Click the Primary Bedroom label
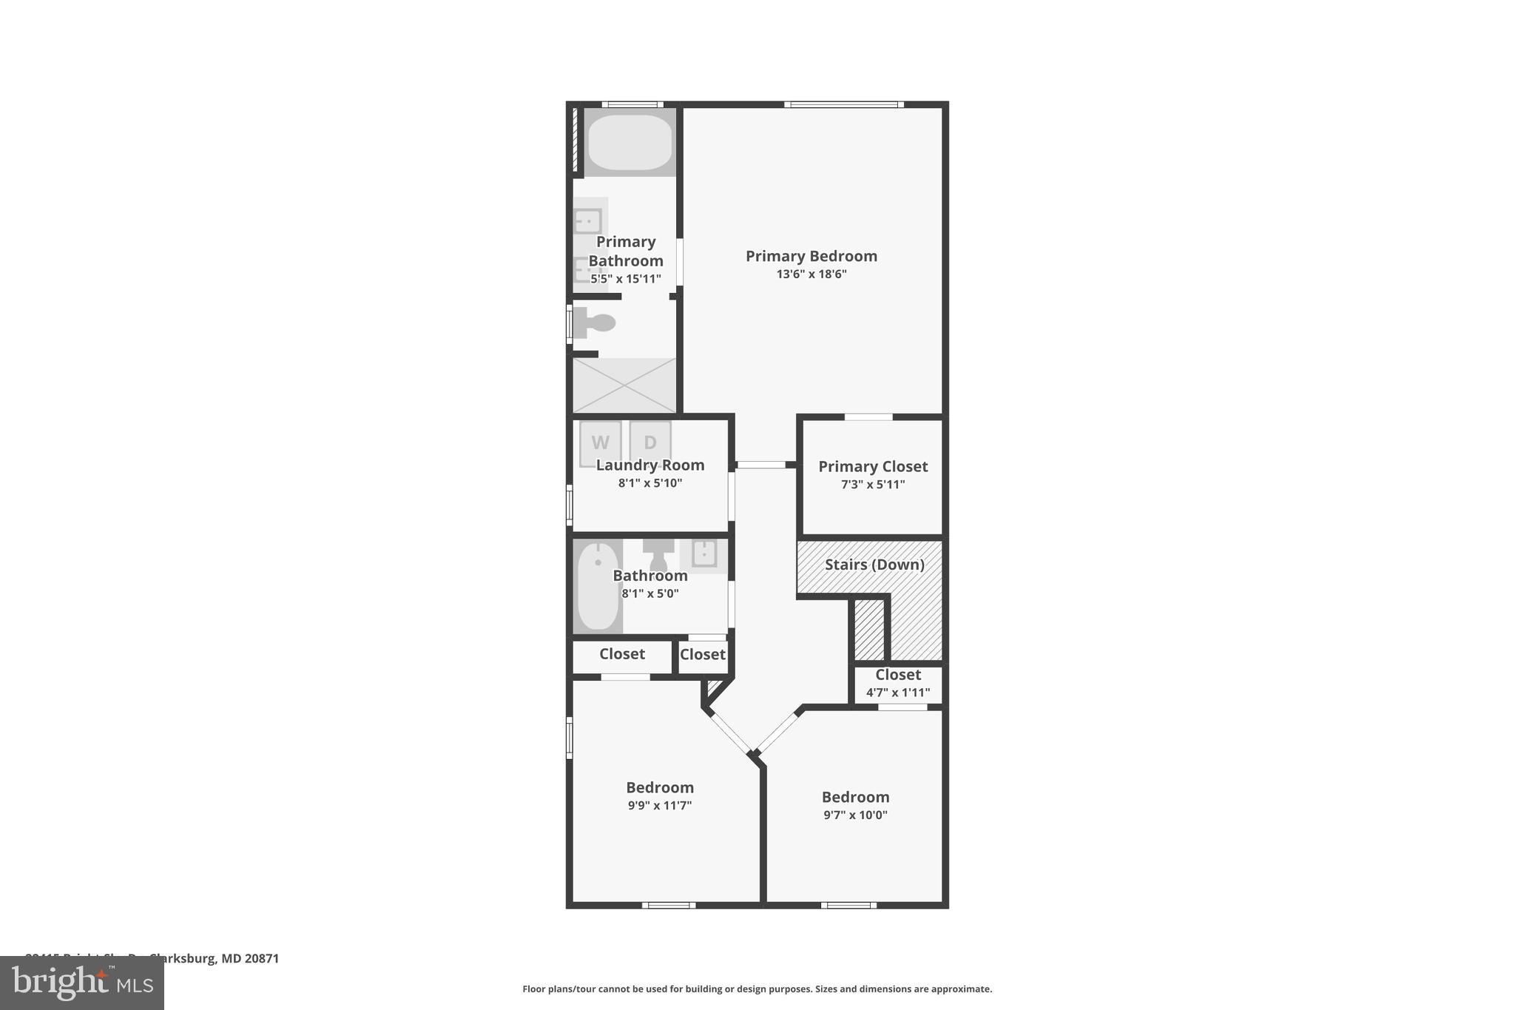click(x=811, y=256)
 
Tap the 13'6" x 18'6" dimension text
click(x=811, y=274)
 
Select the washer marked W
click(x=600, y=442)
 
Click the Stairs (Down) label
click(x=874, y=565)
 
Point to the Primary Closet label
click(x=872, y=466)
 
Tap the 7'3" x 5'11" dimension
click(x=872, y=485)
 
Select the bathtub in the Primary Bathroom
click(x=630, y=142)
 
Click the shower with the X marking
click(x=625, y=386)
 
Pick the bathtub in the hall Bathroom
click(x=598, y=586)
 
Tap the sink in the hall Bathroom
click(x=703, y=553)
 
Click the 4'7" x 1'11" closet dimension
click(x=897, y=693)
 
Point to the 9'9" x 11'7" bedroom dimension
click(x=659, y=806)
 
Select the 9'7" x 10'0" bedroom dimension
click(x=855, y=815)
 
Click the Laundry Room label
click(x=649, y=465)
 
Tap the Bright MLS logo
click(x=81, y=983)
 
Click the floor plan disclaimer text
click(x=757, y=989)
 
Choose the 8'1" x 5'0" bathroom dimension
click(x=649, y=593)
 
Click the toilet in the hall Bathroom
click(x=658, y=555)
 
